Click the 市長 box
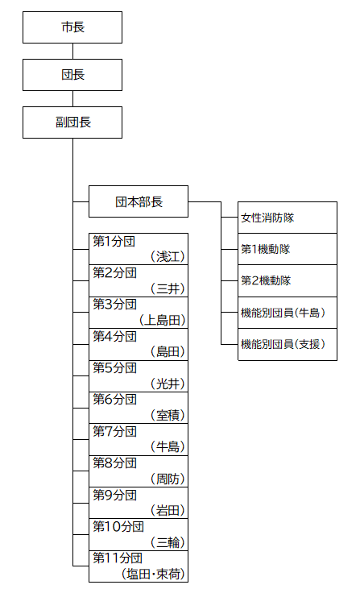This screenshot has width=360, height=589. click(72, 27)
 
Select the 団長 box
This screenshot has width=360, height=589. click(72, 75)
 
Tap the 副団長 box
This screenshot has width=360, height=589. click(72, 122)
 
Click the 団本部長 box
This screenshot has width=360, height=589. click(139, 201)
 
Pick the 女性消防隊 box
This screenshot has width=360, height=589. click(288, 218)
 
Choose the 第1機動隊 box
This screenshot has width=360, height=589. click(288, 249)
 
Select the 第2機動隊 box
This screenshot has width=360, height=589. click(288, 280)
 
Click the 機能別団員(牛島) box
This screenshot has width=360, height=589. click(288, 313)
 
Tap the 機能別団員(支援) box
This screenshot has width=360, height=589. click(288, 345)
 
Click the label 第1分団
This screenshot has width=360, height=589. click(114, 241)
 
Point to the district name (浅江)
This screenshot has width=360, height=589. click(168, 257)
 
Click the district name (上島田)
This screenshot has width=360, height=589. click(162, 320)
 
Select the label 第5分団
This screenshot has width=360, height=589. click(115, 367)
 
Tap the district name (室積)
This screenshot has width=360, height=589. click(168, 415)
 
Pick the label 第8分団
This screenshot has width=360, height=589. click(115, 462)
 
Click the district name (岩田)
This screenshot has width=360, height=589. click(168, 511)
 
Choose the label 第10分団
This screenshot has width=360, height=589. click(118, 526)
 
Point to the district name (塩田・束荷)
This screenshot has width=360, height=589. click(153, 574)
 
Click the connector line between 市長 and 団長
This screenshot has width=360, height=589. click(72, 51)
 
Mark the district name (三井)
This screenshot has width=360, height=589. click(168, 288)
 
